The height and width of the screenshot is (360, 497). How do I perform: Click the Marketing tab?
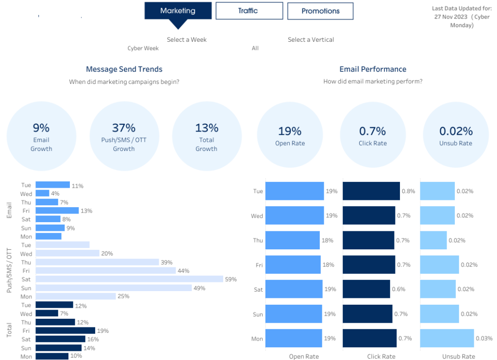tap(178, 11)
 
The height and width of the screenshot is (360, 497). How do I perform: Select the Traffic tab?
tap(249, 11)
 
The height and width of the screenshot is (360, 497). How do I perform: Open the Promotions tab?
tap(320, 11)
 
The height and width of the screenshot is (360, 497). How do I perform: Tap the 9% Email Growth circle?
tap(41, 136)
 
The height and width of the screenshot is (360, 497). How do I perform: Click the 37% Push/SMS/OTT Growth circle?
tap(124, 136)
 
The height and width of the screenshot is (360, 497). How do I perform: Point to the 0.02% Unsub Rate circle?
tap(456, 135)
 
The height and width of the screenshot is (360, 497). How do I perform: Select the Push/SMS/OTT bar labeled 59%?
tap(129, 279)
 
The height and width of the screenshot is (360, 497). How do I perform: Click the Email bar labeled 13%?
tap(57, 211)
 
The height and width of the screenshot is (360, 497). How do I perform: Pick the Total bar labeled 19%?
tap(65, 330)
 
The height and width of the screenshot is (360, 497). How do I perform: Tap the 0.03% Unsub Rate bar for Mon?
tap(447, 338)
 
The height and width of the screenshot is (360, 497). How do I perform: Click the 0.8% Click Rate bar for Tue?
tap(371, 191)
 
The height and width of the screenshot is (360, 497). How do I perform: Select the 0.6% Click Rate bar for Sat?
tap(366, 289)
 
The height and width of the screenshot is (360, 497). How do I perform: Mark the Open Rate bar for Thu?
tap(292, 240)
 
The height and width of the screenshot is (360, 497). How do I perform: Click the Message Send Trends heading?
tap(124, 69)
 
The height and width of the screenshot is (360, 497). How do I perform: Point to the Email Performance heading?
tap(373, 69)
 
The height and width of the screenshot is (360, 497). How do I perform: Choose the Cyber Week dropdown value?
tap(143, 49)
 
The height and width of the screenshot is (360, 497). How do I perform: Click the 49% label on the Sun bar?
tap(199, 288)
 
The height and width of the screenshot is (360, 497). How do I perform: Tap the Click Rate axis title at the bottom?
tap(381, 357)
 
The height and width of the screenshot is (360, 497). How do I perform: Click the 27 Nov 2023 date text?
tap(451, 16)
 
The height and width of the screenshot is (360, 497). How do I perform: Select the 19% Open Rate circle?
tap(289, 135)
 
